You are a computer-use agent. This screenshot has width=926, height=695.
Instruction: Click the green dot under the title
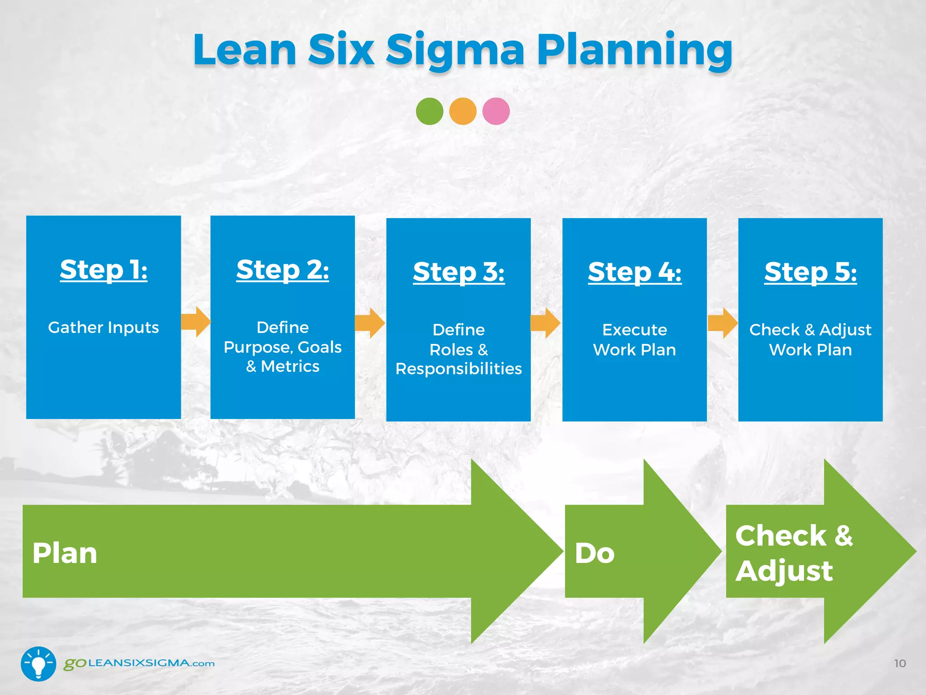coord(429,111)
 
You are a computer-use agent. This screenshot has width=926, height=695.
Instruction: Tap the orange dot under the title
coord(463,111)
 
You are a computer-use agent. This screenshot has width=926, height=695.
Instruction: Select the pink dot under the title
coord(496,111)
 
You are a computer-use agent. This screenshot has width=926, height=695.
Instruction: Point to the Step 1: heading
coord(104,270)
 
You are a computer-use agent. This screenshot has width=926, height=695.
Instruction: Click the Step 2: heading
coord(283,270)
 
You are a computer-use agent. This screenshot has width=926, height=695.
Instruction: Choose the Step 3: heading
coord(458,272)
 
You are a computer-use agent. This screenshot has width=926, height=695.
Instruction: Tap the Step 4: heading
coord(634,272)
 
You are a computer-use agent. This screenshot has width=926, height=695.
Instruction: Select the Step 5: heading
coord(810,272)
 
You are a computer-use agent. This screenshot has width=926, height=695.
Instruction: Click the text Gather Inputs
coord(104,327)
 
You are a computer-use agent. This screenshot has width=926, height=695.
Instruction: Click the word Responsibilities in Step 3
coord(458,369)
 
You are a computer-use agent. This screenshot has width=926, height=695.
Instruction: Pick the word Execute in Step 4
coord(634,330)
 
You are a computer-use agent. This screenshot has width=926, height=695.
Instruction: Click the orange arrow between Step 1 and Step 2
coord(196,322)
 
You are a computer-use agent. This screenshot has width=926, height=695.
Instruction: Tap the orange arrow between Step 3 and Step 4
coord(545,323)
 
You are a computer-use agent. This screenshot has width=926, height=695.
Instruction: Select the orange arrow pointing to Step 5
coord(723,323)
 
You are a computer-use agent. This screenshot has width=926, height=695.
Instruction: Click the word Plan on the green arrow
coord(65,553)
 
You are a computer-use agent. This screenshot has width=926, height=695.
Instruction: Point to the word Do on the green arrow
coord(595,553)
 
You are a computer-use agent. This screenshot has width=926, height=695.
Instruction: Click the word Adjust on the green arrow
coord(784,571)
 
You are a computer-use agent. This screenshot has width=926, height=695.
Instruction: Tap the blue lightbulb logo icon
coord(38,663)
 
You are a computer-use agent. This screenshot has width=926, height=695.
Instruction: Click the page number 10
coord(900,663)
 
